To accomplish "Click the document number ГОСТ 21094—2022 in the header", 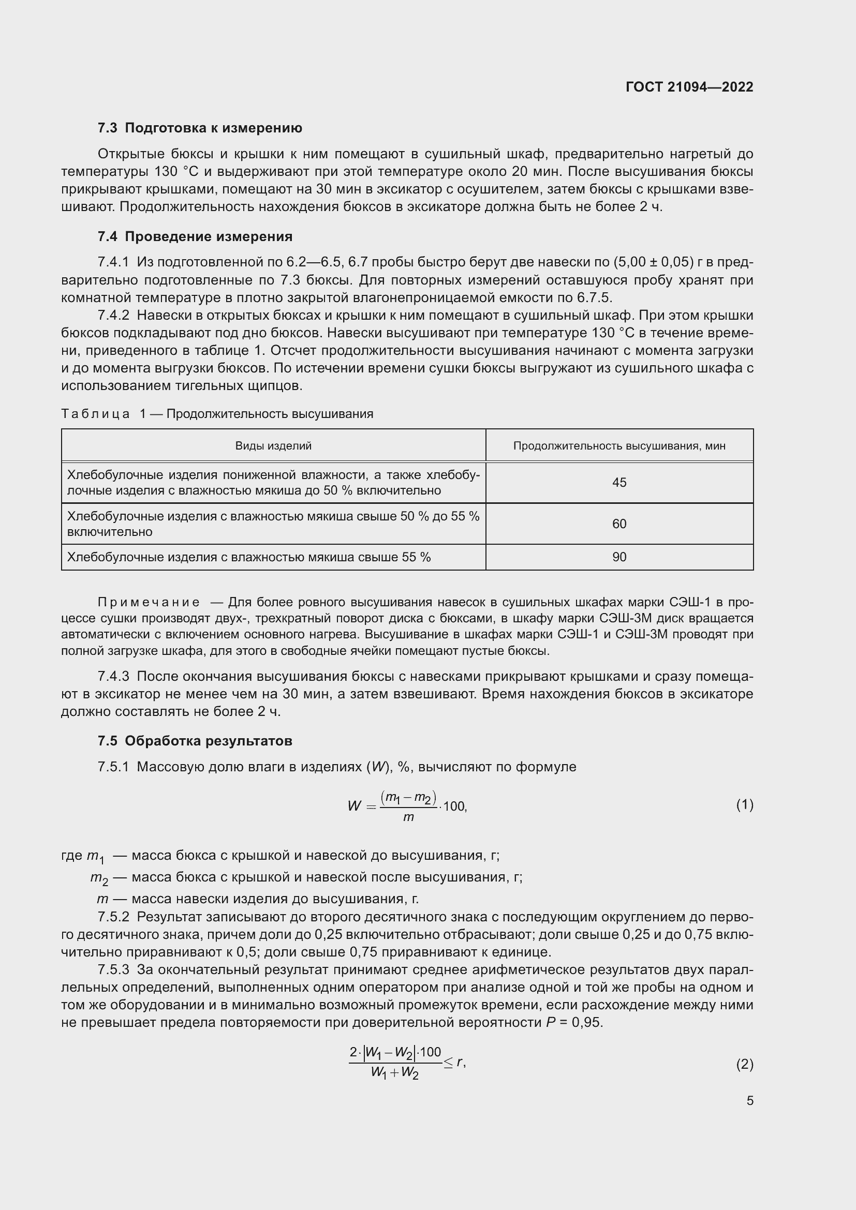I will [x=689, y=87].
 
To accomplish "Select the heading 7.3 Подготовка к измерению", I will [x=200, y=128].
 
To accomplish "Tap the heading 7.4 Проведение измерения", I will [x=195, y=236].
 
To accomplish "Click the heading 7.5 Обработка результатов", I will [x=195, y=741].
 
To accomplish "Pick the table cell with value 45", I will [x=619, y=483].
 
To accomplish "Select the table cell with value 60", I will [x=619, y=524].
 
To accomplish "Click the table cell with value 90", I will [x=619, y=557].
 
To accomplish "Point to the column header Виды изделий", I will [x=273, y=446].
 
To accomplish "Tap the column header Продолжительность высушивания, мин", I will [x=619, y=446].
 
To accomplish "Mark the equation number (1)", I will [x=744, y=805].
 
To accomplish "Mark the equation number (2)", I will [x=744, y=1065].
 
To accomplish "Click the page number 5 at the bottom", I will [x=749, y=1101].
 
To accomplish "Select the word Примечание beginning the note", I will [x=149, y=602].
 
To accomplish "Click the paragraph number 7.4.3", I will [x=113, y=677].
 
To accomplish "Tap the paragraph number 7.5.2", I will [x=113, y=917].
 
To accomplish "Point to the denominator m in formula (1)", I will [x=408, y=817].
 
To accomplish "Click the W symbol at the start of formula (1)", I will [x=354, y=806].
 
